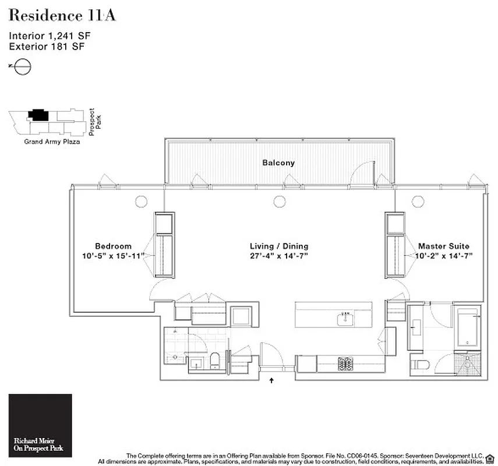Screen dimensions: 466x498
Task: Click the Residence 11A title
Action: point(62,16)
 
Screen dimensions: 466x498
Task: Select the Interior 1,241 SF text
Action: point(50,36)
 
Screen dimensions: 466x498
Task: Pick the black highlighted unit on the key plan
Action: point(40,115)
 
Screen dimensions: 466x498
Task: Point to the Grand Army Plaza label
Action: point(51,141)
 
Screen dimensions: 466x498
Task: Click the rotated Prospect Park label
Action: point(94,121)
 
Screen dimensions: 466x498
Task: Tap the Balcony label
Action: point(278,163)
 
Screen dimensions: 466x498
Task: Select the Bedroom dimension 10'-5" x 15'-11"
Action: point(113,256)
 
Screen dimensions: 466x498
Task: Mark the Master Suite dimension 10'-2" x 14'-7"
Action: point(443,256)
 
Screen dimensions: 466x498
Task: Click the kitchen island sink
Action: point(345,317)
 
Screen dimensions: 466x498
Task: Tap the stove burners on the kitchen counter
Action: point(345,363)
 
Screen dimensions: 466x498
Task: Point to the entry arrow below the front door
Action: point(272,382)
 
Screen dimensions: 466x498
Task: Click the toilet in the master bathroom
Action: point(419,365)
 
